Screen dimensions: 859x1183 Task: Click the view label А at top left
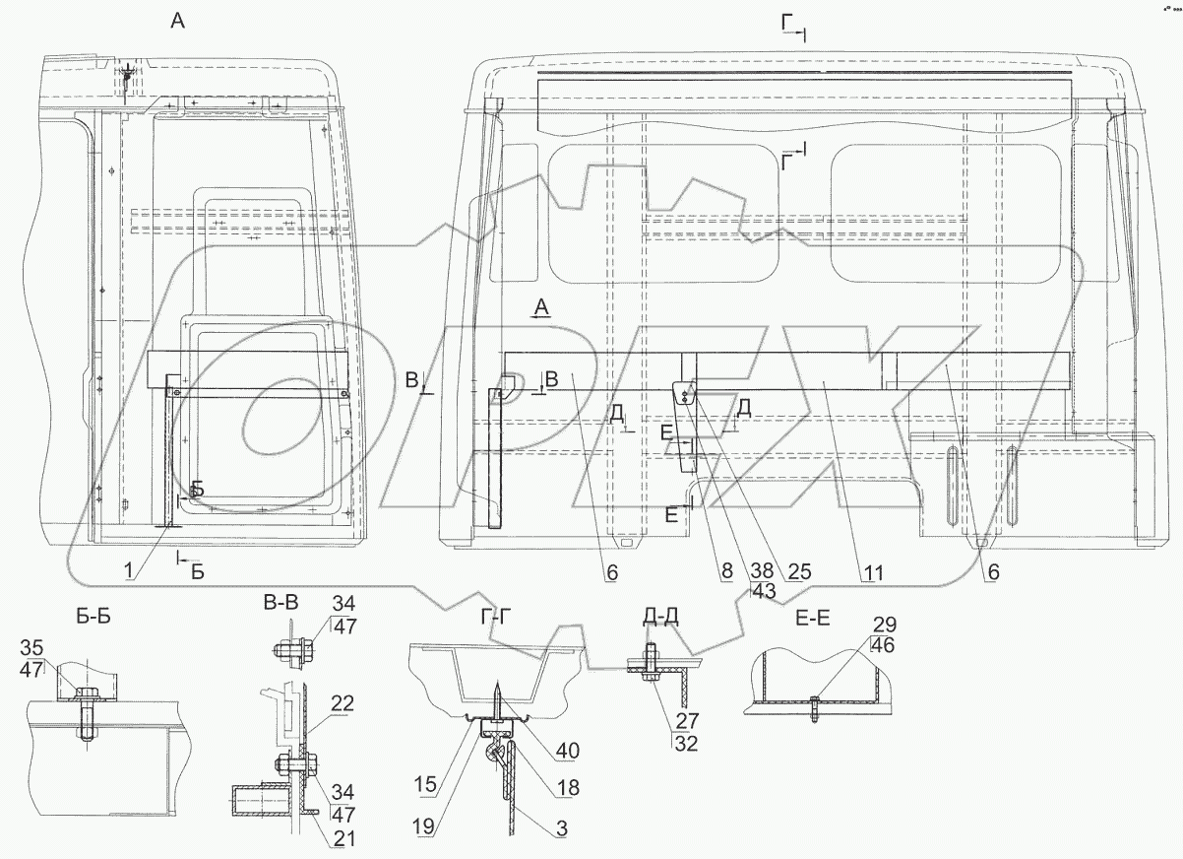pos(177,22)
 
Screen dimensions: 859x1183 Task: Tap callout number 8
pos(725,571)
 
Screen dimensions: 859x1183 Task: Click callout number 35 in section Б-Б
pos(31,648)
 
